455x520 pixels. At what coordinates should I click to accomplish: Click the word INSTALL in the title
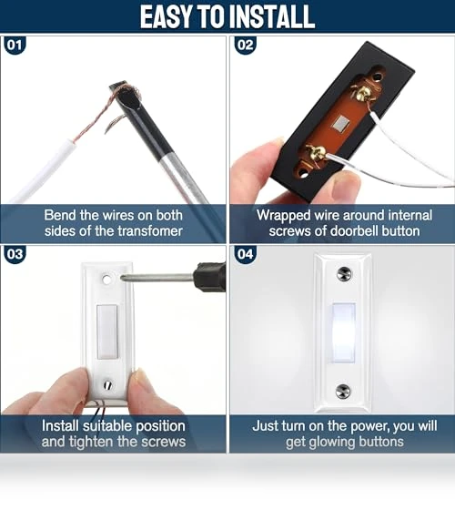coord(272,16)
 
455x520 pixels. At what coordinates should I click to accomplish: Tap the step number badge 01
coord(15,45)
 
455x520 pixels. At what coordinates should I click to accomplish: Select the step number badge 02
coord(245,45)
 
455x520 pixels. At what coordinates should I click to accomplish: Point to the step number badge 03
coord(15,254)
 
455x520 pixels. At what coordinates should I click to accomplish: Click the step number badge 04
coord(245,254)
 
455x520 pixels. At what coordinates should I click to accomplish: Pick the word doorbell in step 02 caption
coord(354,231)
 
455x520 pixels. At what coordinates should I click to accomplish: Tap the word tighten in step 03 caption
coord(90,442)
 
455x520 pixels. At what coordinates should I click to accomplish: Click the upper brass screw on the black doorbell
coord(363,93)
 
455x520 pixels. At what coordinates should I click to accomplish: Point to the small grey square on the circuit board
coord(341,124)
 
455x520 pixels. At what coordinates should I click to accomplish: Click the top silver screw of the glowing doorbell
coord(344,274)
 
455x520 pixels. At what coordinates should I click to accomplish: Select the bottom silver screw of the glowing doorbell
coord(343,392)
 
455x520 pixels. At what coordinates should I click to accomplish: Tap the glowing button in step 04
coord(344,333)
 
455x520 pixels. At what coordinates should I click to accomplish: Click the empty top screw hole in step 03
coord(106,280)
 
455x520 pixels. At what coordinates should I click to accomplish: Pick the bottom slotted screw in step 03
coord(107,385)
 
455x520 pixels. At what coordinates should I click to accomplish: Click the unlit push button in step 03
coord(106,331)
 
